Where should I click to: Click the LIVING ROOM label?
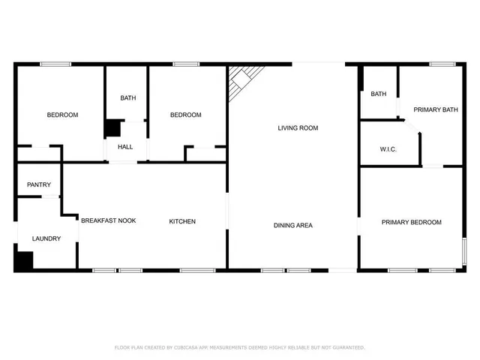coord(298,128)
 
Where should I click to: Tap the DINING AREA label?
coord(292,225)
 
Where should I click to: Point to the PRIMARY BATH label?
coord(436,110)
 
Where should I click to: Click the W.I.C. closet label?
coord(388,150)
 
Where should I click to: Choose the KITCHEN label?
coord(182,221)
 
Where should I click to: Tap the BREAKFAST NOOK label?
coord(109,220)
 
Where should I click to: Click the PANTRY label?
coord(39,184)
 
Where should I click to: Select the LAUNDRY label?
coord(46,238)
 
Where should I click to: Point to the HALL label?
coord(125,147)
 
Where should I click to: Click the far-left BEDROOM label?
coord(62,115)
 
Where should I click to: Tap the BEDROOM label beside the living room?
coord(185,115)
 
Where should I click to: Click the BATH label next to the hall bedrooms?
coord(128,98)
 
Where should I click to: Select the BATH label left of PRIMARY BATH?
coord(378,94)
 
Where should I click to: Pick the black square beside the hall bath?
coord(112,128)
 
